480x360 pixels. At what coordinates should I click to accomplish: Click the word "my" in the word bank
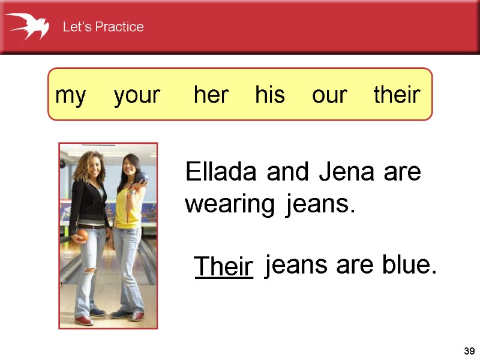tap(70, 95)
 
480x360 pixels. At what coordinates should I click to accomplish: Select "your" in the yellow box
tap(137, 95)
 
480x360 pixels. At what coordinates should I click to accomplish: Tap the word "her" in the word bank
tap(211, 95)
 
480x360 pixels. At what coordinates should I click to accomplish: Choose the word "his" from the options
tap(269, 95)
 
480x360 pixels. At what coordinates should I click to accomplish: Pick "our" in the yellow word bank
tap(329, 95)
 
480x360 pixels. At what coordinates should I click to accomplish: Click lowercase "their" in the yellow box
tap(397, 95)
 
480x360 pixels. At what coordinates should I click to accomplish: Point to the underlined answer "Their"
tap(224, 266)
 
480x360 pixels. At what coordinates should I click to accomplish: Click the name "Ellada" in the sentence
tap(223, 173)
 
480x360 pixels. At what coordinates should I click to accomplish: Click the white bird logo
tap(28, 26)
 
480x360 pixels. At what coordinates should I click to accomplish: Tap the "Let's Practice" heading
tap(103, 27)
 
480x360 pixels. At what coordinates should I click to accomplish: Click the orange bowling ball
tap(82, 235)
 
